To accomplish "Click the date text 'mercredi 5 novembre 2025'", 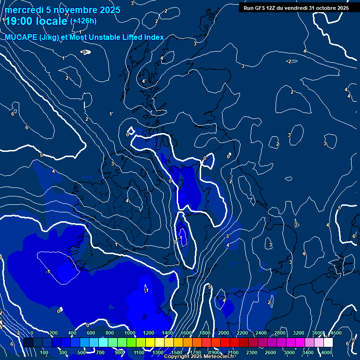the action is click(63, 10).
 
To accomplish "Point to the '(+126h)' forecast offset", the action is click(83, 21).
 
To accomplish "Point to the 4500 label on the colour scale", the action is click(336, 333).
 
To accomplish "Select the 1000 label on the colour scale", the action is click(130, 333).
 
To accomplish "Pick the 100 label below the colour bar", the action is click(45, 352).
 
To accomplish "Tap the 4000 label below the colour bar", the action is click(327, 352).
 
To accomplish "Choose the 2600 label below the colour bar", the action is click(270, 352).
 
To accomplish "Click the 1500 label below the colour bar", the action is click(177, 352).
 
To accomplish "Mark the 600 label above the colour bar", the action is click(91, 333).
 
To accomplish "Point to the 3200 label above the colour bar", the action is click(299, 333).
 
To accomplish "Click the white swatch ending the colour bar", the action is click(328, 342).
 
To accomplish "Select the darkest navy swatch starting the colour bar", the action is click(28, 342).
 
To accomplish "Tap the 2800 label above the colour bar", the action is click(280, 333).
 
